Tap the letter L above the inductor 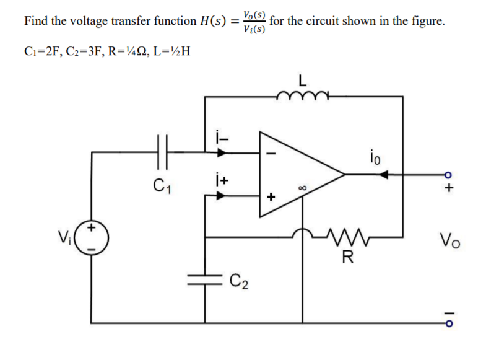click(x=302, y=81)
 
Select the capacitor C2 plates click(x=204, y=281)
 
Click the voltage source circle click(x=93, y=237)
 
